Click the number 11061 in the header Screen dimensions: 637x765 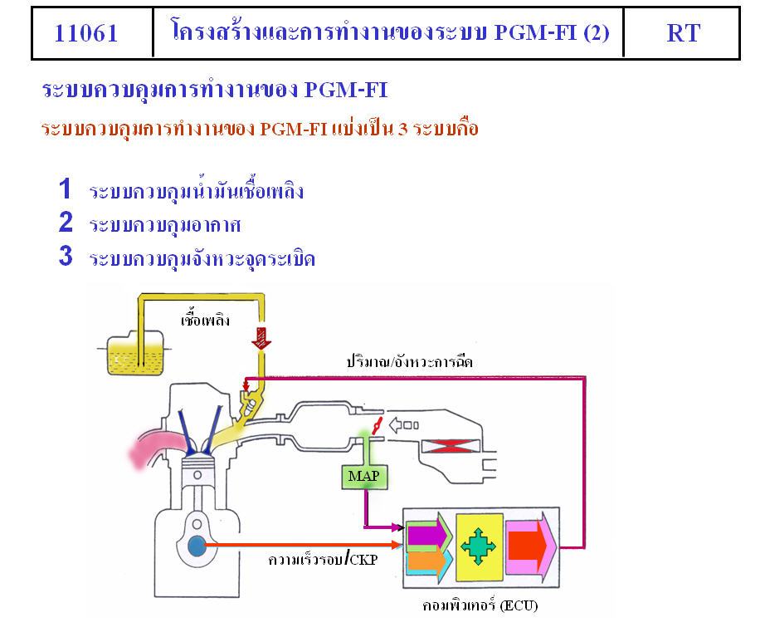pyautogui.click(x=86, y=33)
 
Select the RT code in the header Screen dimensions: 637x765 pyautogui.click(x=682, y=33)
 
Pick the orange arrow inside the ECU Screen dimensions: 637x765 pyautogui.click(x=426, y=561)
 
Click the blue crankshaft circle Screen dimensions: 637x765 pyautogui.click(x=197, y=546)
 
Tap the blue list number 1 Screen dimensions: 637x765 pyautogui.click(x=65, y=189)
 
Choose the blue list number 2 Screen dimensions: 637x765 pyautogui.click(x=66, y=223)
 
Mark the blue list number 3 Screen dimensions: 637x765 pyautogui.click(x=66, y=257)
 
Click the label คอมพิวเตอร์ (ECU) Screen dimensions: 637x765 pyautogui.click(x=480, y=606)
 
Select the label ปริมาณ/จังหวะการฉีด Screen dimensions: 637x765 pyautogui.click(x=410, y=362)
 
